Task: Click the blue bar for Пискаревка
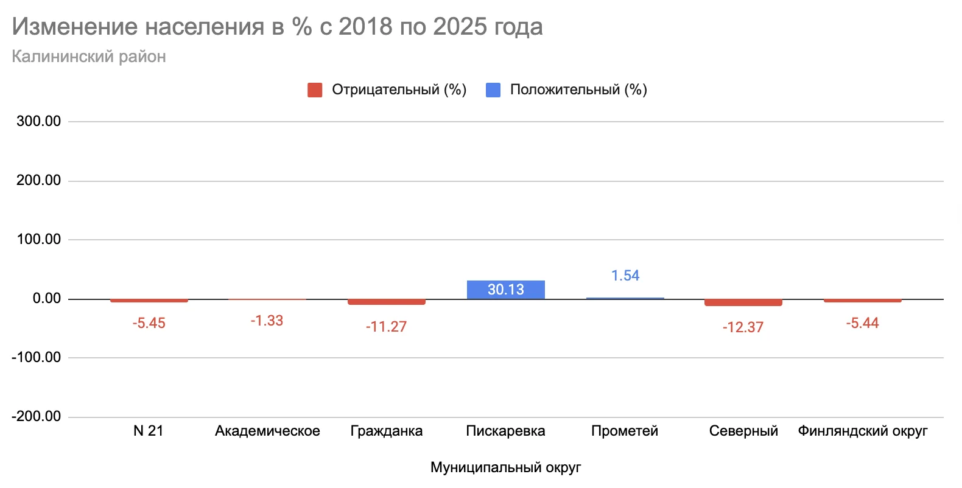point(505,290)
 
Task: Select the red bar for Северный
point(743,302)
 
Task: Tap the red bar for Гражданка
point(386,302)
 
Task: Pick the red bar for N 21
point(149,301)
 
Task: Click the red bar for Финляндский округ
point(862,301)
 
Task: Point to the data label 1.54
point(625,276)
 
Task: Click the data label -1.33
point(267,321)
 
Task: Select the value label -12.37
point(743,327)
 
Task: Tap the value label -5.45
point(149,323)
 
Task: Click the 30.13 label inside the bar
point(505,290)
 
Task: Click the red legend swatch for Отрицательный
point(315,90)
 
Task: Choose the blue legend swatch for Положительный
point(493,90)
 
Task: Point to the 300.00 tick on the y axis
point(39,121)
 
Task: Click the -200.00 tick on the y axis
point(37,416)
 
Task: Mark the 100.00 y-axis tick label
point(39,239)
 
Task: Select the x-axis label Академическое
point(267,431)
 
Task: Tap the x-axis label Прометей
point(625,431)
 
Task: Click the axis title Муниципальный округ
point(505,467)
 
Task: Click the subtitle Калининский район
point(89,57)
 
